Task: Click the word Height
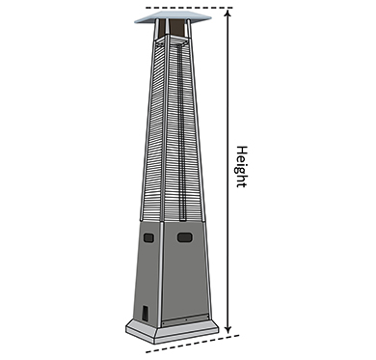tap(242, 167)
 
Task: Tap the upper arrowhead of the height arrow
tap(228, 13)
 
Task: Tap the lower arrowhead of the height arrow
tap(228, 330)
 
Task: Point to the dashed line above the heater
tap(189, 8)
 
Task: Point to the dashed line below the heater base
tap(193, 344)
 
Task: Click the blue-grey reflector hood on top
tap(173, 17)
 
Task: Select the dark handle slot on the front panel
tap(185, 237)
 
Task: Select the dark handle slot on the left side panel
tap(148, 237)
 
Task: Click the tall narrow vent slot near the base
tap(145, 313)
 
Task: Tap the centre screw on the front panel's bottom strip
tap(186, 319)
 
